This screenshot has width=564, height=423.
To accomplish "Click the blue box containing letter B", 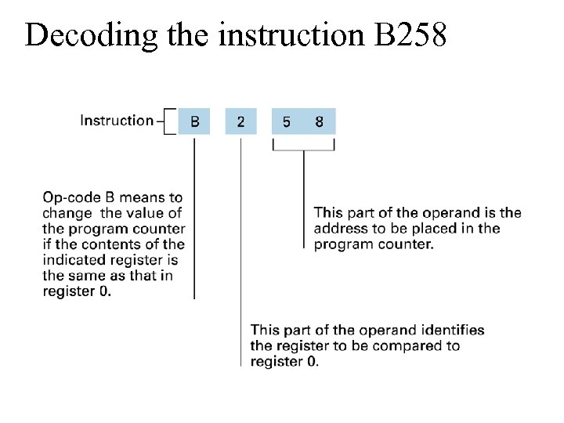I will (x=194, y=122).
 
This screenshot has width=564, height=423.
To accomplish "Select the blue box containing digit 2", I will (x=240, y=122).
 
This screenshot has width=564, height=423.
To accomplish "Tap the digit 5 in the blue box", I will (x=287, y=122).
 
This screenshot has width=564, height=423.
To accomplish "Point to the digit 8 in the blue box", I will (x=320, y=122).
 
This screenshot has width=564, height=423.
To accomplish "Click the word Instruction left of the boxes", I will (x=117, y=121).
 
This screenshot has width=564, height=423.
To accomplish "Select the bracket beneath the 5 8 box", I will (x=303, y=146).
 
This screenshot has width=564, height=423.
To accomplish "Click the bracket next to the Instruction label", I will (x=168, y=122).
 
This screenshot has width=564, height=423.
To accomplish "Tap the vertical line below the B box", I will (x=194, y=219).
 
